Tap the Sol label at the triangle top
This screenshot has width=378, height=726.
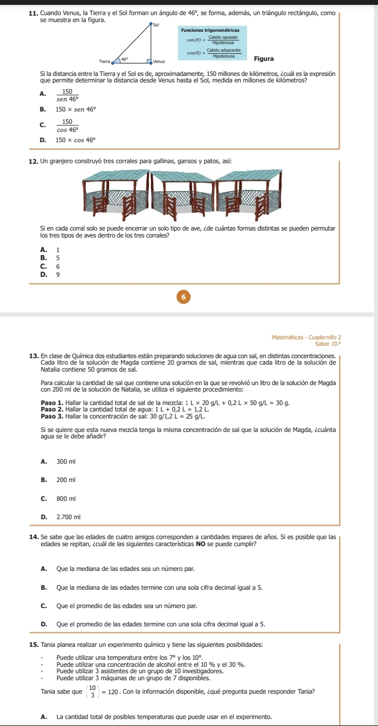pos(156,25)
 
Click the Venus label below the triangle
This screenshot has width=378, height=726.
pos(158,63)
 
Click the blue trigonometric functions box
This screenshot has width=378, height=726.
pos(212,42)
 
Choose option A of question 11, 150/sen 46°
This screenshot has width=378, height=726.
pos(67,95)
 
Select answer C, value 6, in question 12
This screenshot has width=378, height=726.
pos(57,266)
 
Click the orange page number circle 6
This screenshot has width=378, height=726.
pos(183,297)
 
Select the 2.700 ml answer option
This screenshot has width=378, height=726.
pos(68,517)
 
